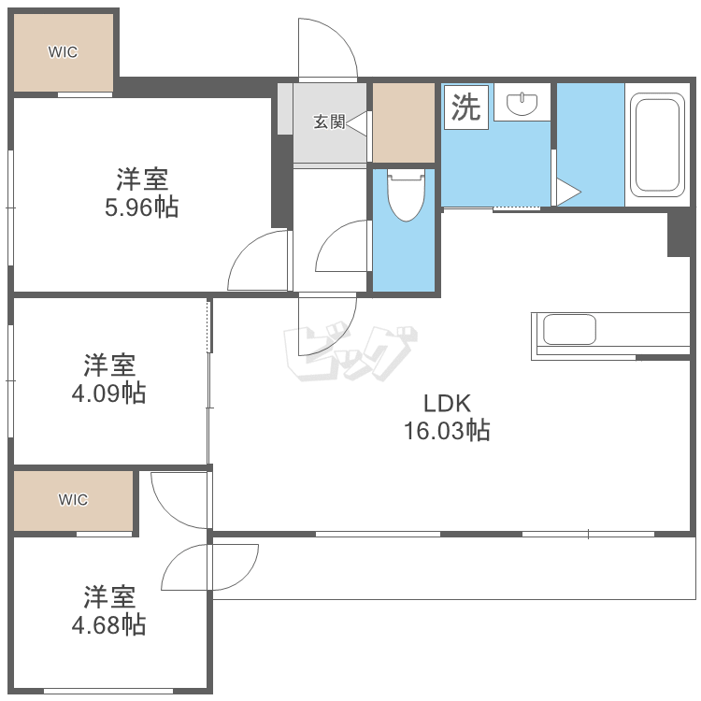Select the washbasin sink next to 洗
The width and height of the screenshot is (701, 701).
522,103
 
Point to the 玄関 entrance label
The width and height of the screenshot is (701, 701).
328,122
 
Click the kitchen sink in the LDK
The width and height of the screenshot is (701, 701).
569,331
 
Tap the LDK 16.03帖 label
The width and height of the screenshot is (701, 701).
447,417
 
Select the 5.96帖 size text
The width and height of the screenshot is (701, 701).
141,207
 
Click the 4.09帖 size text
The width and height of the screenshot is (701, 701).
108,393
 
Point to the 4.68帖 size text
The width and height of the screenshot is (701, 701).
108,624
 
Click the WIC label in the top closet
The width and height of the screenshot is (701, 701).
64,52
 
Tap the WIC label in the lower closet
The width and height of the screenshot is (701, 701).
73,500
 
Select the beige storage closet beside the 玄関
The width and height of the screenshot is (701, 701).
404,122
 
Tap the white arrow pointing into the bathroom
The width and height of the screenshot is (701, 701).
567,192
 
